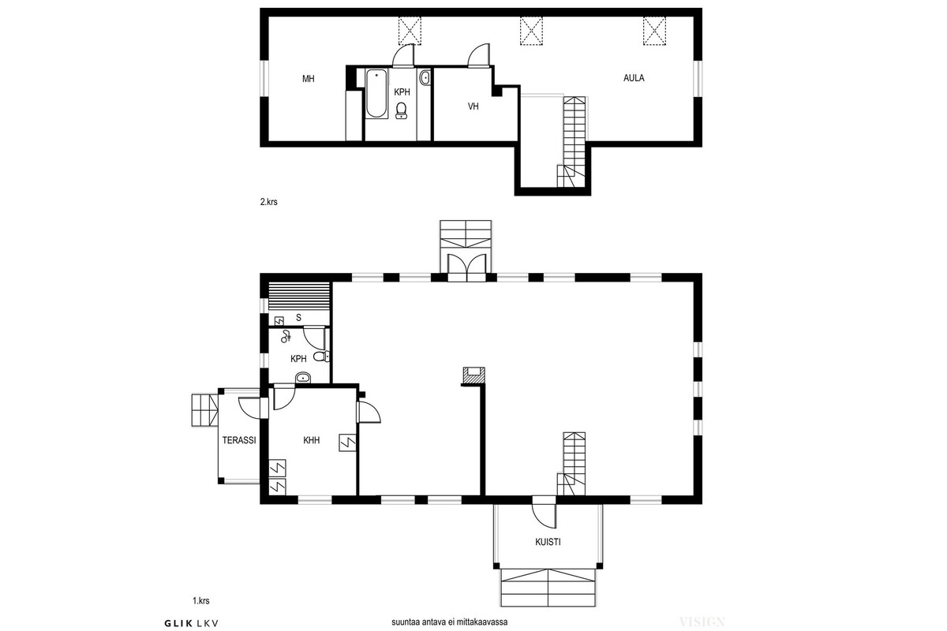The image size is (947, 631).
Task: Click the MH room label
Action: pyautogui.click(x=309, y=79)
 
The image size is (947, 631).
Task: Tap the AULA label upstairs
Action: pyautogui.click(x=634, y=78)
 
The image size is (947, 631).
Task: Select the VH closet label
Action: pyautogui.click(x=473, y=106)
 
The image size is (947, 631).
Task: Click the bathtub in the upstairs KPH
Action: pyautogui.click(x=376, y=93)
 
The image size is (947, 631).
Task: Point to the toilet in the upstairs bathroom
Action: pyautogui.click(x=401, y=110)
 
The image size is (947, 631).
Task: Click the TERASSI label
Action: pyautogui.click(x=239, y=440)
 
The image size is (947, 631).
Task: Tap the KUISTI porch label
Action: pyautogui.click(x=548, y=542)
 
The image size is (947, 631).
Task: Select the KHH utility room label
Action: pyautogui.click(x=312, y=440)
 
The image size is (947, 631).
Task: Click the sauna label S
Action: pyautogui.click(x=298, y=318)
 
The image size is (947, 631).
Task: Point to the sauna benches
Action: pyautogui.click(x=299, y=297)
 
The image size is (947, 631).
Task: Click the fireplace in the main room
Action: pyautogui.click(x=474, y=375)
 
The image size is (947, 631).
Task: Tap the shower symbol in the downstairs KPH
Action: pyautogui.click(x=286, y=336)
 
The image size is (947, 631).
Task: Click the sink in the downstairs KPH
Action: pyautogui.click(x=303, y=377)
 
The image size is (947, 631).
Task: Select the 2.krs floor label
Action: pyautogui.click(x=269, y=202)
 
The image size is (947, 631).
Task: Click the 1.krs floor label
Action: pyautogui.click(x=201, y=600)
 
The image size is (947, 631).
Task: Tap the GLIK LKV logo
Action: pyautogui.click(x=192, y=623)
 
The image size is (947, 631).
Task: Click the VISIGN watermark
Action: pyautogui.click(x=702, y=622)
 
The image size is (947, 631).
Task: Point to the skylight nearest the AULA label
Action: pyautogui.click(x=654, y=31)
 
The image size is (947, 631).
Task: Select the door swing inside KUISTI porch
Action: pyautogui.click(x=544, y=517)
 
